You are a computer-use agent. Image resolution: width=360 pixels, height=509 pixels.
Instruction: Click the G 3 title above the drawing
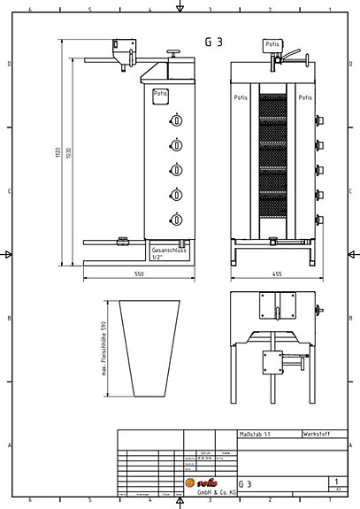214,41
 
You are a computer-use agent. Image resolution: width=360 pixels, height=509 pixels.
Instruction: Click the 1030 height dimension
69,153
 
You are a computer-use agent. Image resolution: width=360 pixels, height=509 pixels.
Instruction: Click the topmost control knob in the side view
177,120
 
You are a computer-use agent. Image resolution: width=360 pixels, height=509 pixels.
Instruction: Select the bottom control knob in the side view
177,220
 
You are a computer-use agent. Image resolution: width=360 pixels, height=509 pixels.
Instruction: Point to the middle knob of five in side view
177,170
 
